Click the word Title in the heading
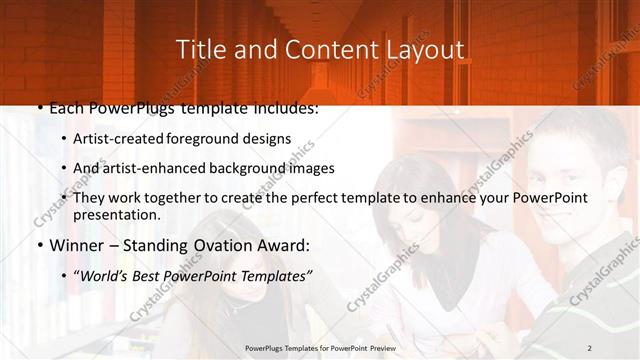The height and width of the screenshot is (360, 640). click(x=198, y=49)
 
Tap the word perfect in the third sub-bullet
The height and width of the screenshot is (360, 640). click(x=318, y=198)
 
